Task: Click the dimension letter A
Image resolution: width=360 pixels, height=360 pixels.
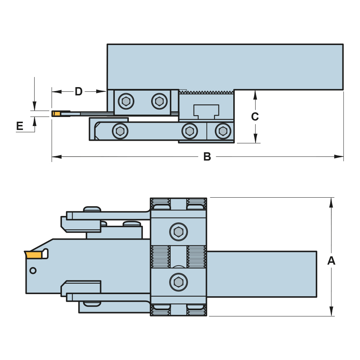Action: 331,261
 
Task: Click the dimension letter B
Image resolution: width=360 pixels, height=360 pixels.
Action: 207,157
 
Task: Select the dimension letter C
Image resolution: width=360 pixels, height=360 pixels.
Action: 255,117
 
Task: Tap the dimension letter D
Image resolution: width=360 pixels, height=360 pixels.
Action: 79,91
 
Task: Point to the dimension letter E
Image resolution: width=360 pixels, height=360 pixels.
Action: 20,126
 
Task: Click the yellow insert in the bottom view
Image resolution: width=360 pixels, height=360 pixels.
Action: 34,255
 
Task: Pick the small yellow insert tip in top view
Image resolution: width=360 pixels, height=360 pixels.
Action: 57,114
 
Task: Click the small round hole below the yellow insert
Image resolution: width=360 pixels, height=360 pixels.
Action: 33,270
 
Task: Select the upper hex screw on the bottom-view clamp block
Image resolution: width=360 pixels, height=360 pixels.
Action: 179,232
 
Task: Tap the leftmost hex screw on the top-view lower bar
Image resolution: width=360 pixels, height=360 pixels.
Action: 120,131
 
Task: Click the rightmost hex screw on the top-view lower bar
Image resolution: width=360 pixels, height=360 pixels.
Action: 223,131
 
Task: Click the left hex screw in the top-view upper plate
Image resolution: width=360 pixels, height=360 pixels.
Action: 126,102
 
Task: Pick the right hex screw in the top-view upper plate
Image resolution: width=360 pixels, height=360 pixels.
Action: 159,101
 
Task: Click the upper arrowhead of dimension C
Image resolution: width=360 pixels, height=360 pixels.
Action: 255,94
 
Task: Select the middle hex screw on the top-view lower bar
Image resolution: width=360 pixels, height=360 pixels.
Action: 189,131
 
